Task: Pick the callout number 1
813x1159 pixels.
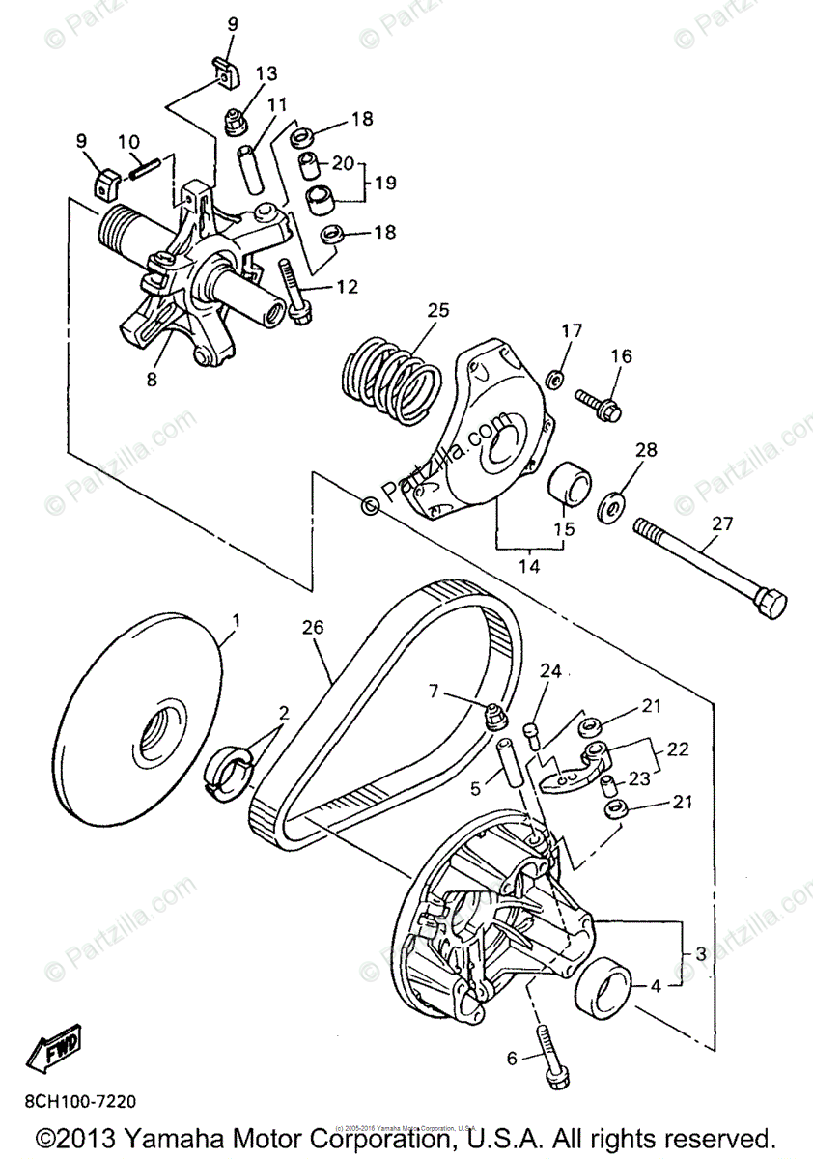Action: pos(236,617)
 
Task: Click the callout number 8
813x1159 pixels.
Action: pos(152,380)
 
